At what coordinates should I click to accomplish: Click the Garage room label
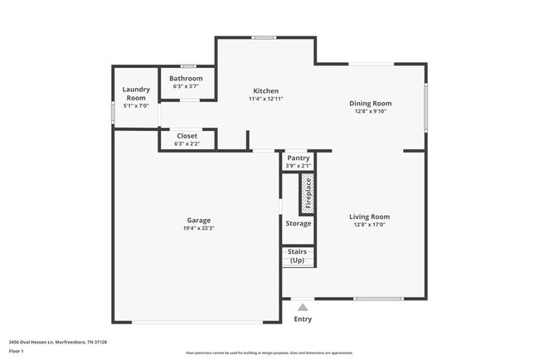coord(197,221)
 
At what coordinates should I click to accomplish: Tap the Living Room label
coord(370,216)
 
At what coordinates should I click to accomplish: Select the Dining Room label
coord(370,104)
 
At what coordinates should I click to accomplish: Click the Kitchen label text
coord(265,91)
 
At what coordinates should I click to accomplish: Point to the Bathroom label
coord(187,79)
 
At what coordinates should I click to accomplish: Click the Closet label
coord(187,136)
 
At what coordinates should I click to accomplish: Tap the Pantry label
coord(298,158)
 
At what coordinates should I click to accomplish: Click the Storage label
coord(299,223)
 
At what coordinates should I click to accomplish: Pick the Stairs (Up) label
coord(298,255)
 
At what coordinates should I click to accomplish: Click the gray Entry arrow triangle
coord(303,307)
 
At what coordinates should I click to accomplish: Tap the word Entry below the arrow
coord(303,319)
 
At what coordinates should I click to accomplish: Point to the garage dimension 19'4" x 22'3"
coord(197,228)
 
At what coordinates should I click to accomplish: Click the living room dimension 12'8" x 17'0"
coord(370,224)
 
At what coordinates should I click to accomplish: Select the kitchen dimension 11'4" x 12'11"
coord(265,99)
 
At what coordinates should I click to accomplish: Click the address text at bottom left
coord(58,342)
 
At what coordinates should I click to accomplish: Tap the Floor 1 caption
coord(17,353)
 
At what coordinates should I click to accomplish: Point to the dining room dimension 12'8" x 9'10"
coord(370,111)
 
